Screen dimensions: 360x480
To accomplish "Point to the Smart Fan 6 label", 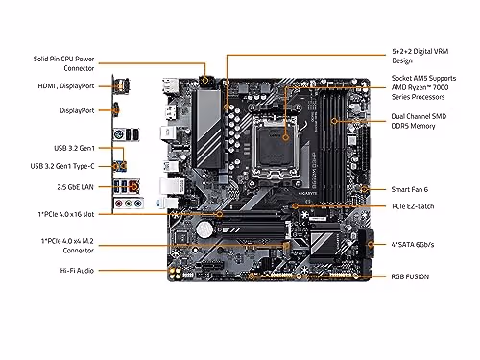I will (413, 189).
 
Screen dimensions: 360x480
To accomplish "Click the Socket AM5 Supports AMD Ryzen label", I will (423, 87).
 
